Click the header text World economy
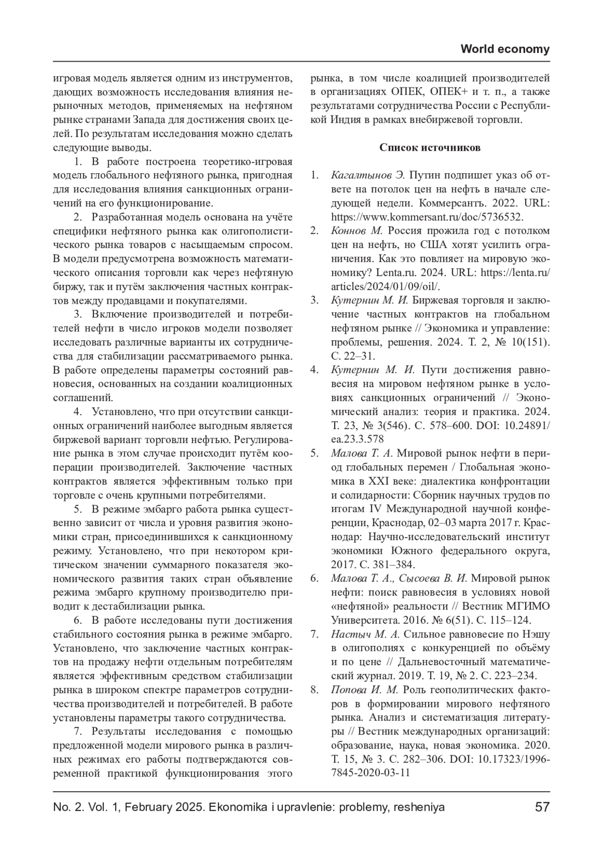coord(505,49)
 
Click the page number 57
coord(542,807)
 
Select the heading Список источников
coord(430,148)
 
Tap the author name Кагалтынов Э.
coord(368,176)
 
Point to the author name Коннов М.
coord(357,231)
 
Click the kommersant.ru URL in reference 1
coord(428,217)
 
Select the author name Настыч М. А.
coord(365,634)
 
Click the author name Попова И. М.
coord(364,689)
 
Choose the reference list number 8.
coord(314,689)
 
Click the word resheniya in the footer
coord(420,807)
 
